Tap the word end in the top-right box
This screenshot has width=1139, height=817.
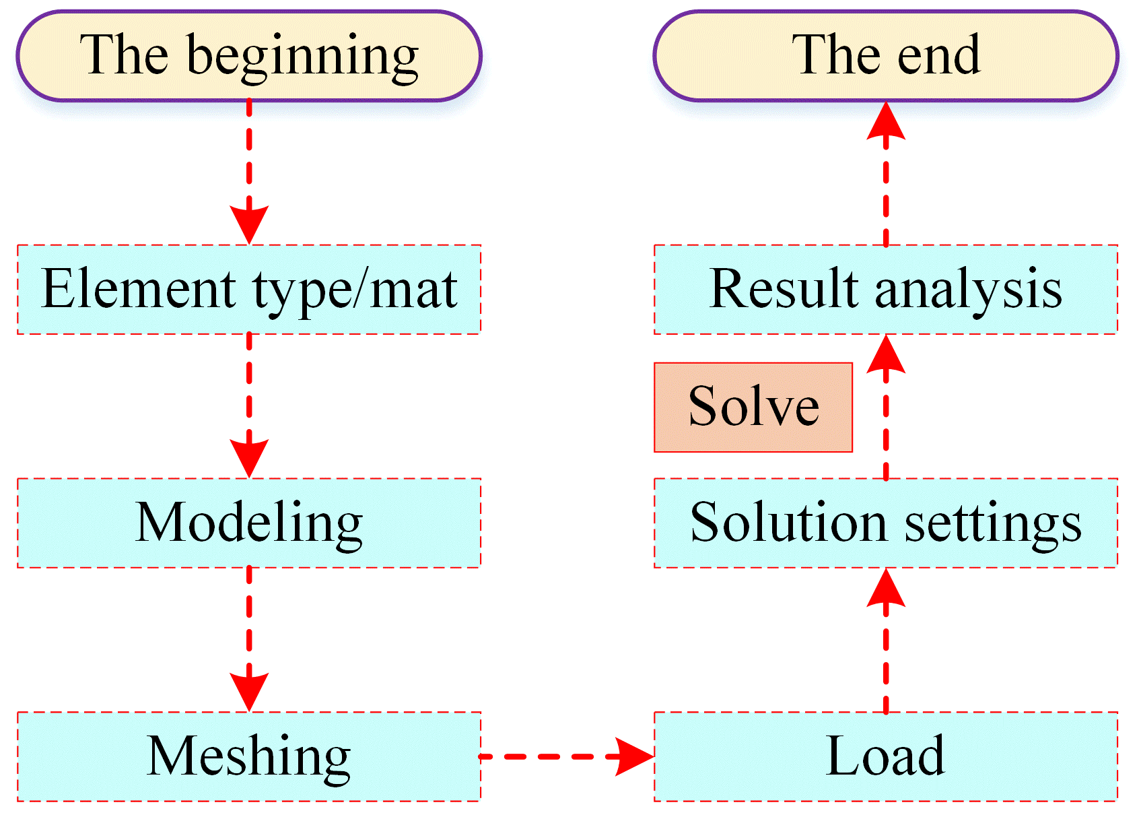(938, 55)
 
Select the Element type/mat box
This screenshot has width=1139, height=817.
(249, 290)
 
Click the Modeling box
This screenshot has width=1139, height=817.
(249, 523)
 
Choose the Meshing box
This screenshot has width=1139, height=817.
(249, 756)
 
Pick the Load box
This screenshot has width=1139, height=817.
(885, 756)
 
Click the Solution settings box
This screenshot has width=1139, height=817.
(885, 523)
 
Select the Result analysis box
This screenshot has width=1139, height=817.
(885, 290)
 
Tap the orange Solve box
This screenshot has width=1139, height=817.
(753, 407)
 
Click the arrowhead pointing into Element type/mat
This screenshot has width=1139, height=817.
(249, 225)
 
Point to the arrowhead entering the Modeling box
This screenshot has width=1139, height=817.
(249, 459)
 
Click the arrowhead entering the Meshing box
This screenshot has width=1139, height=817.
(249, 692)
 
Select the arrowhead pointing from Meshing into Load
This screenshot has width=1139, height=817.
(635, 756)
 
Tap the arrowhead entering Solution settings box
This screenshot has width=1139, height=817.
(886, 587)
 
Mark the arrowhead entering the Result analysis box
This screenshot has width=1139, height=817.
(886, 354)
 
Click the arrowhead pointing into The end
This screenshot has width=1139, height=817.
(886, 120)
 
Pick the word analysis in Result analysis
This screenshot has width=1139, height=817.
(968, 292)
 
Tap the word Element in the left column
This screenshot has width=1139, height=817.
(138, 288)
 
